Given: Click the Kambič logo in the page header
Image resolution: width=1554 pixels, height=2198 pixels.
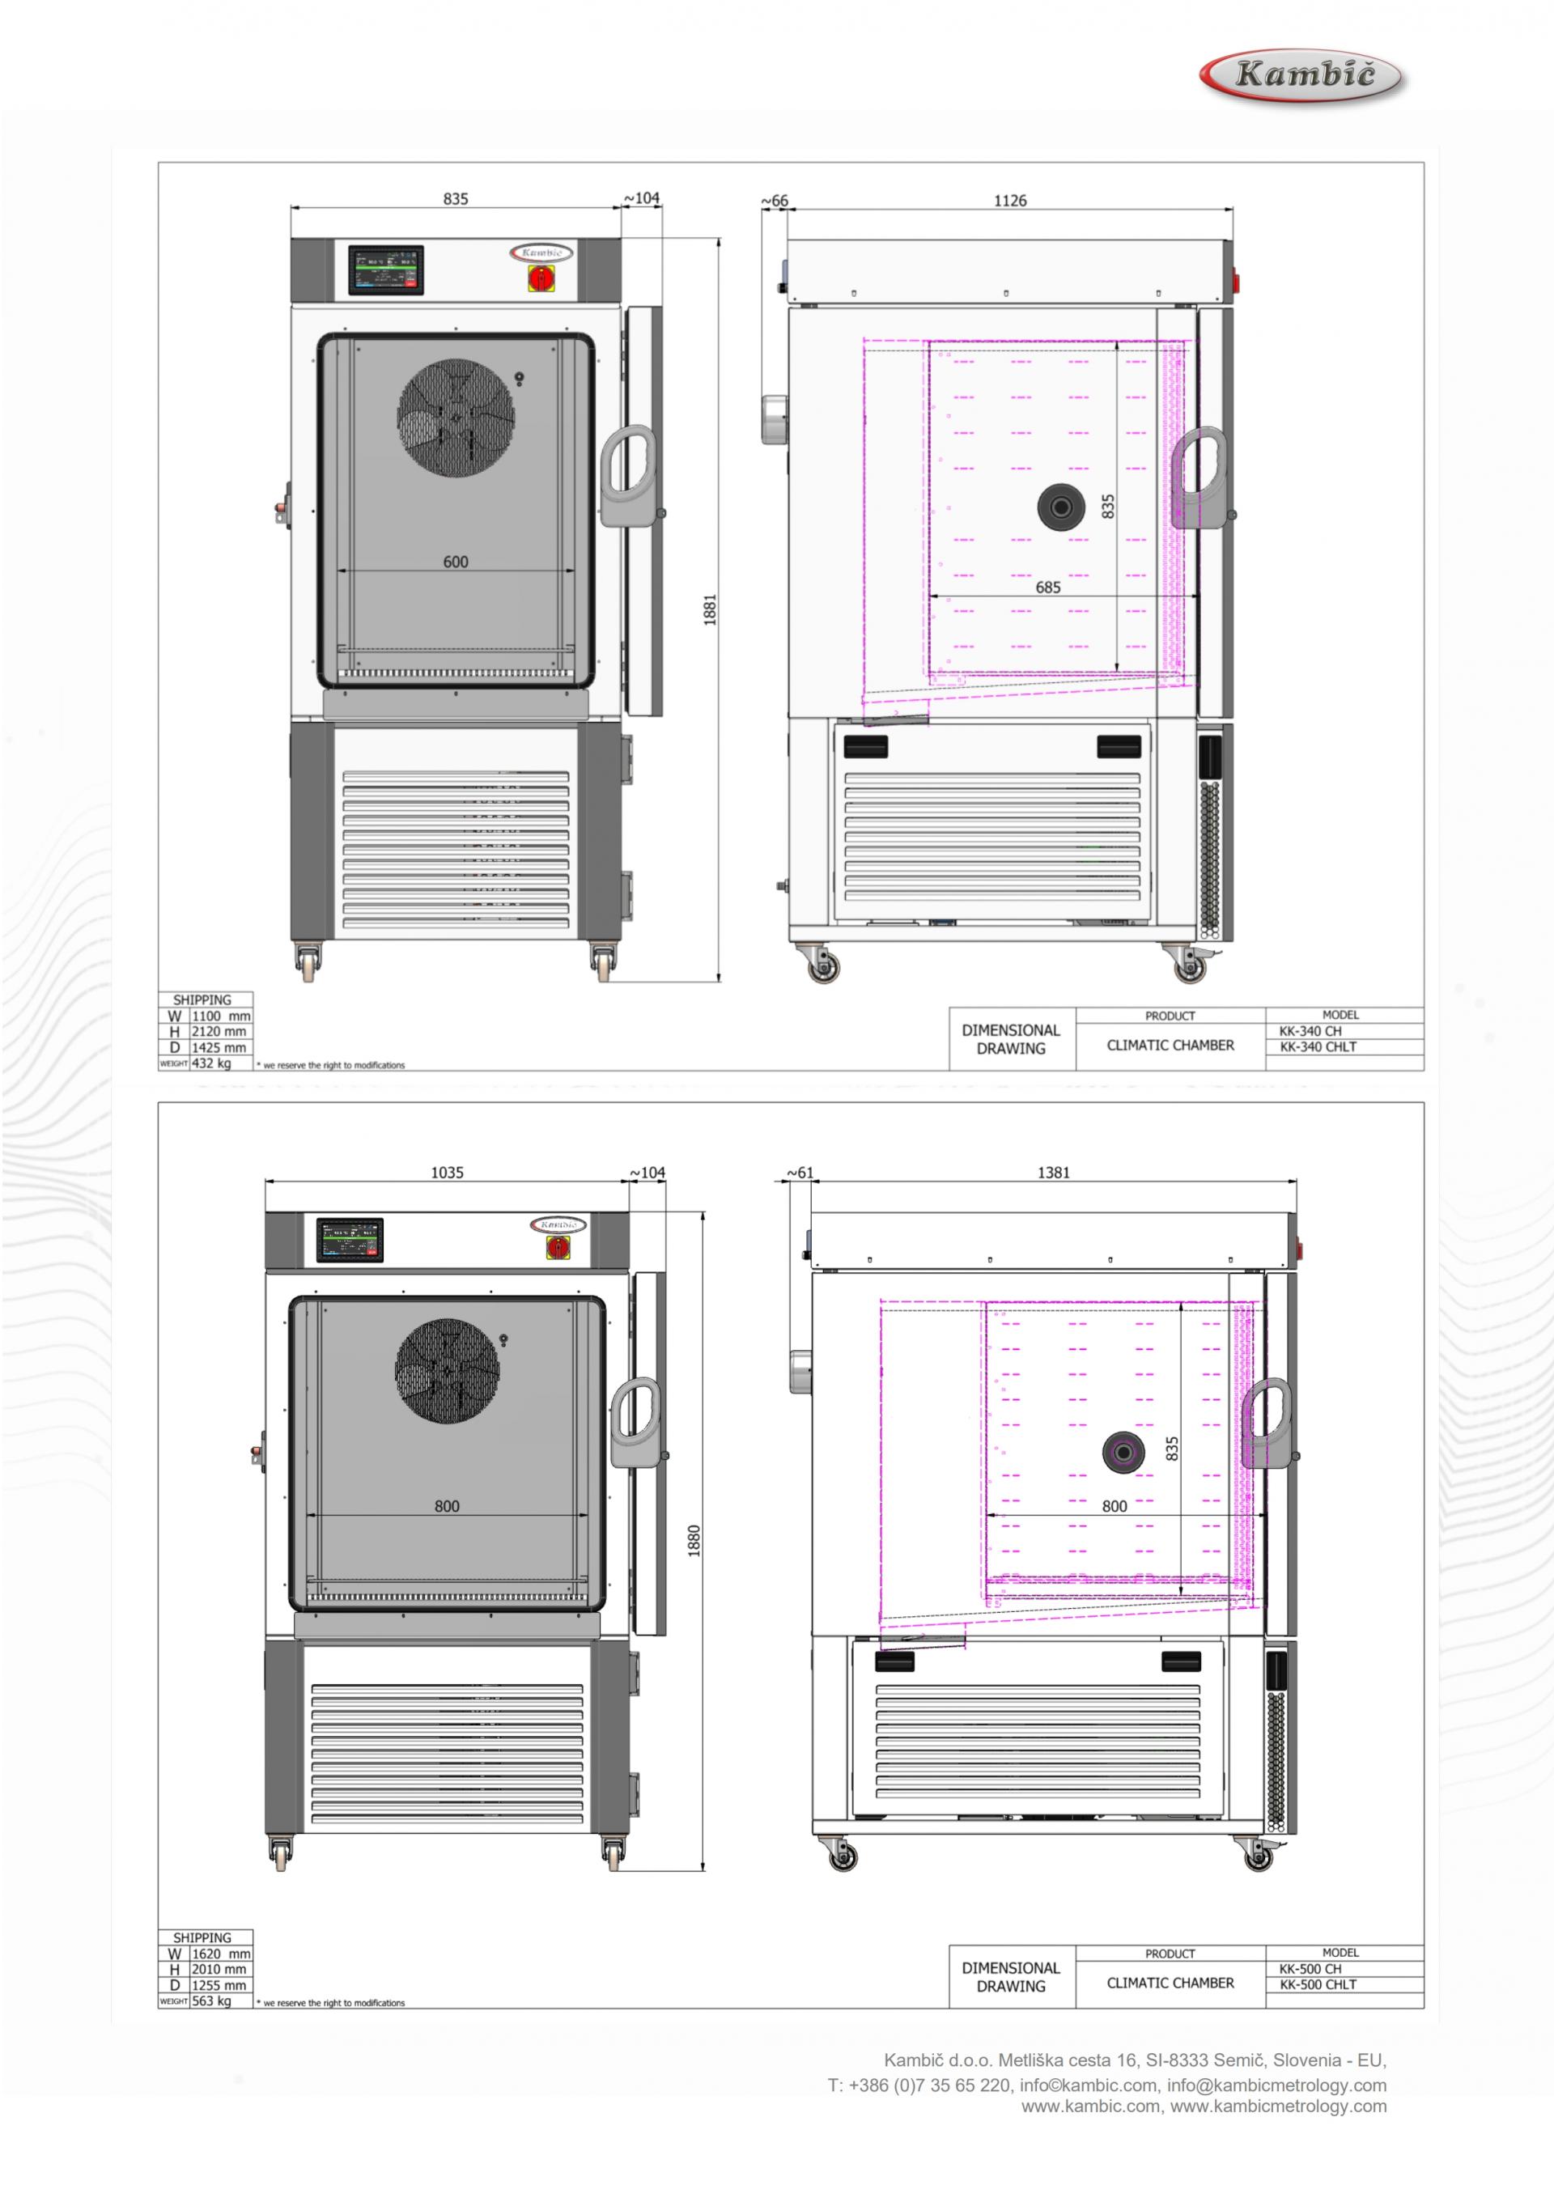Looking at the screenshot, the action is coord(1302,74).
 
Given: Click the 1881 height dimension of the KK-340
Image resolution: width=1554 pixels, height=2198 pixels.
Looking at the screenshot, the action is coord(710,610).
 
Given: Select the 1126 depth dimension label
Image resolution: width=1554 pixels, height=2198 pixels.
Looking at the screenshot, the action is coord(1009,200).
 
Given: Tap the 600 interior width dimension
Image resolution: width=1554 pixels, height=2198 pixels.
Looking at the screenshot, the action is coord(456,562).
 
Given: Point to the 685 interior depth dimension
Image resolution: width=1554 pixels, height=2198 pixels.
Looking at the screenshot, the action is coord(1047,587).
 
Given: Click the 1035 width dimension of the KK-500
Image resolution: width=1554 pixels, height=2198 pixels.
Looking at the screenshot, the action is coord(447,1172).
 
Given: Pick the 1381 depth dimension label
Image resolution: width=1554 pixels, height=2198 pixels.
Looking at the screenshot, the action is coord(1053,1172).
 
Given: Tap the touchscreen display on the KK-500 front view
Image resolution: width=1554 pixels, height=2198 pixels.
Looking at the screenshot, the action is coord(350,1240).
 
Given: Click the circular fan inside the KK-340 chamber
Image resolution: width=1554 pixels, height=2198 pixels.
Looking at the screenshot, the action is coord(456,418).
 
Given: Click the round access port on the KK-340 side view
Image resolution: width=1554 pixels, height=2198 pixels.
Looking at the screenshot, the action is coord(1061,507).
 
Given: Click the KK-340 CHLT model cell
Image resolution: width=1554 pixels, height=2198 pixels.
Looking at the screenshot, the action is coord(1318,1046).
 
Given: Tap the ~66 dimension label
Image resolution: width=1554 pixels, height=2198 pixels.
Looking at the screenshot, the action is coord(775,201).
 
